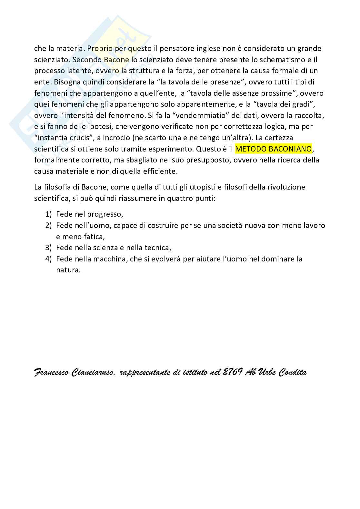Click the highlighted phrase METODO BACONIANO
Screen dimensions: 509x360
coord(274,149)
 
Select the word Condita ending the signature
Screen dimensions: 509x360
coord(292,373)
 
